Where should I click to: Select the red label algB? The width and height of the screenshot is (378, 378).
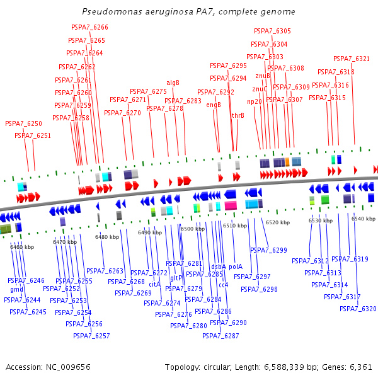point(173,83)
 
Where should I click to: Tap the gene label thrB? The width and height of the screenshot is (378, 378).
point(238,115)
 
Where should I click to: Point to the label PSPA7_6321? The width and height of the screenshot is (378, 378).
point(352,59)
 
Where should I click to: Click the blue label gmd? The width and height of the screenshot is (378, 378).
point(17,290)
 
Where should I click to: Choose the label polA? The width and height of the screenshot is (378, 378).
point(236,266)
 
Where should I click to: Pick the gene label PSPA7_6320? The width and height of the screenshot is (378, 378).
point(358,309)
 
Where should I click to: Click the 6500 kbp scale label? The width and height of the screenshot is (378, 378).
point(193,229)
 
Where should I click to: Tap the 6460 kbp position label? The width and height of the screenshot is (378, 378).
point(22,247)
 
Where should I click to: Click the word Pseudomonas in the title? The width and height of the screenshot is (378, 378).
point(109,12)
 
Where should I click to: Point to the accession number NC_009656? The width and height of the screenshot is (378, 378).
point(67,367)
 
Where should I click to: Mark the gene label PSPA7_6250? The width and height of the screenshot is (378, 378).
point(24,124)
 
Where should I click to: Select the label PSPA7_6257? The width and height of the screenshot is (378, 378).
point(91,336)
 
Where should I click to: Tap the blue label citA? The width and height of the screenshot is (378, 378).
point(155,284)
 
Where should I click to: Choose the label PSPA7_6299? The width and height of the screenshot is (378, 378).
point(268,250)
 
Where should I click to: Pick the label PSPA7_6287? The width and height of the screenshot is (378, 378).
point(220,336)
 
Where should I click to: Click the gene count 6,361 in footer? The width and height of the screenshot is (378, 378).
point(360,367)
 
